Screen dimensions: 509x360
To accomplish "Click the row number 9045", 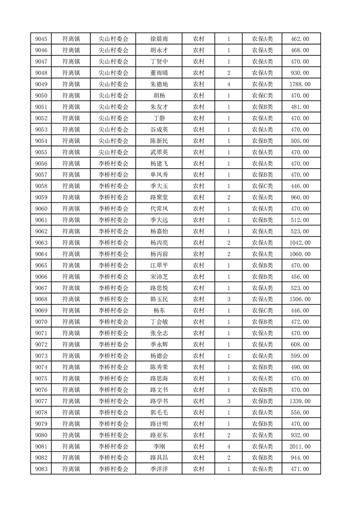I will coord(40,39).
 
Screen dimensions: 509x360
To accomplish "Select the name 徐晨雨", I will coord(159,39).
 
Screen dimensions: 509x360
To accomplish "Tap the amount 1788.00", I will coord(300,84).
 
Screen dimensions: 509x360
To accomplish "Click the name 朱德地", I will coord(159,84).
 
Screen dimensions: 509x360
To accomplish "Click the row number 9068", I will coord(40,299).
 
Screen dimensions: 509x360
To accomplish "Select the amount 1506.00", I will coord(300,299).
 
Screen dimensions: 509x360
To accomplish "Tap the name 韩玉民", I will coord(159,299).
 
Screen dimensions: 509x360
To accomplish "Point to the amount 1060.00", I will coord(300,254).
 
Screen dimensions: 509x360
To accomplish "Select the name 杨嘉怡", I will coord(159,231).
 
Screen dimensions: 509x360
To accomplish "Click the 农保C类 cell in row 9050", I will coord(262,96).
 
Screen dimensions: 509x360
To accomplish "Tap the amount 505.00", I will coord(300,141).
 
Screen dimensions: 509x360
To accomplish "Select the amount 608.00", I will coord(300,345).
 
